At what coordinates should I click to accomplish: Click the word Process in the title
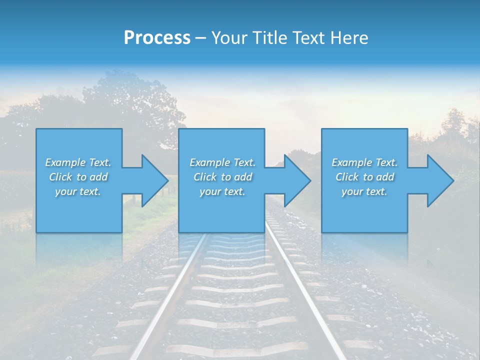157,38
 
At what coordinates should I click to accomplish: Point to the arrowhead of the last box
439,180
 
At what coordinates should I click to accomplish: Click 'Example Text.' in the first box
78,162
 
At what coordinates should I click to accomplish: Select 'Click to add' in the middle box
222,177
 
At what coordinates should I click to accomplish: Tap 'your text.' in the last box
364,191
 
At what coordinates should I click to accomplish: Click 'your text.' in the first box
78,191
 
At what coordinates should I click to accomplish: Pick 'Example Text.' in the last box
364,162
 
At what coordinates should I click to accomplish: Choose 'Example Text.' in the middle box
222,162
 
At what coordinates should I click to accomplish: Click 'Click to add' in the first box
78,177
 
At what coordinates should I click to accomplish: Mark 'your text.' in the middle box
222,191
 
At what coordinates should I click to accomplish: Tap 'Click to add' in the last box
364,177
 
